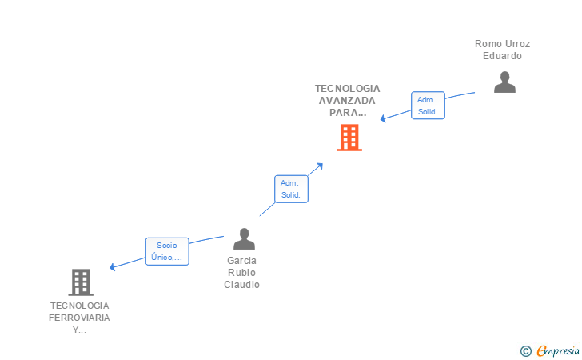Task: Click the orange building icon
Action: [349, 138]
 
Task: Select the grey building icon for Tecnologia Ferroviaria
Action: [81, 282]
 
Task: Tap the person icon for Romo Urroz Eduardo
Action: [504, 82]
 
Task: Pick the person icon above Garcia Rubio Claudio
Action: [244, 238]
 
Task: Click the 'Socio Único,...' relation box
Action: [167, 251]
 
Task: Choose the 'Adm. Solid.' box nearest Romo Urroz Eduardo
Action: [428, 106]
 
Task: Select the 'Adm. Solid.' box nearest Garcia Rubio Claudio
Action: [290, 189]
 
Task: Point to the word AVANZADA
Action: [347, 101]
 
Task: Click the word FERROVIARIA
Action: [79, 318]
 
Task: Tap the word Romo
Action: [488, 44]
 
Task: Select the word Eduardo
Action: [502, 56]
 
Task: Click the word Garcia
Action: [241, 261]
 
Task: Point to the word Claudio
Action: [241, 285]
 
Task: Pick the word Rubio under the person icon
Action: [241, 273]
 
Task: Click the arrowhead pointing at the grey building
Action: [113, 267]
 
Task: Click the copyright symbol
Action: [525, 350]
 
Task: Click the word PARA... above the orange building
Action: [347, 113]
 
